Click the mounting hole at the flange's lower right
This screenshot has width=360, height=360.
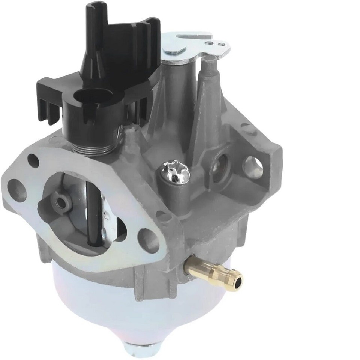(148, 240)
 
